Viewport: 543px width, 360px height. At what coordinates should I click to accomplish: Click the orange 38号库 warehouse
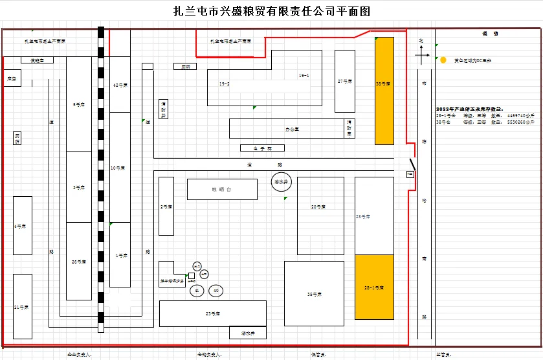click(x=384, y=90)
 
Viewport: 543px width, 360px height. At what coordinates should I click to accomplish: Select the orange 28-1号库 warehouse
click(x=374, y=287)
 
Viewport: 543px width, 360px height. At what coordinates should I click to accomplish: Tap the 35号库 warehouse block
click(x=315, y=294)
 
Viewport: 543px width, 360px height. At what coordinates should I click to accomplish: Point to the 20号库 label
click(x=318, y=207)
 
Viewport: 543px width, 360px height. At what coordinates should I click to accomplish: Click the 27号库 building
click(x=344, y=81)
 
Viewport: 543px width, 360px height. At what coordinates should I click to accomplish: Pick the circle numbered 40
click(x=216, y=291)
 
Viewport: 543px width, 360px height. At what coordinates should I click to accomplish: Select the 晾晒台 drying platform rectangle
click(x=222, y=189)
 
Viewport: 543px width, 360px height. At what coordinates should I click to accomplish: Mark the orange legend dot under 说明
click(x=443, y=60)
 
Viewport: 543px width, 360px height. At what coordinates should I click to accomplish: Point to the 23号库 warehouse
click(x=213, y=314)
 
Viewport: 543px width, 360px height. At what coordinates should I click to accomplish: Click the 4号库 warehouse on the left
click(x=23, y=225)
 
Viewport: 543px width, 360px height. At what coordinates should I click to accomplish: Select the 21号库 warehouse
click(x=22, y=306)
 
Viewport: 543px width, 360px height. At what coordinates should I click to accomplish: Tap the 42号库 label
click(x=120, y=85)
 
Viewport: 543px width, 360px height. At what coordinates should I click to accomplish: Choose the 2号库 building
click(x=166, y=207)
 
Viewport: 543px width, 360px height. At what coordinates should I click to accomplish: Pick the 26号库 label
click(x=79, y=262)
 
